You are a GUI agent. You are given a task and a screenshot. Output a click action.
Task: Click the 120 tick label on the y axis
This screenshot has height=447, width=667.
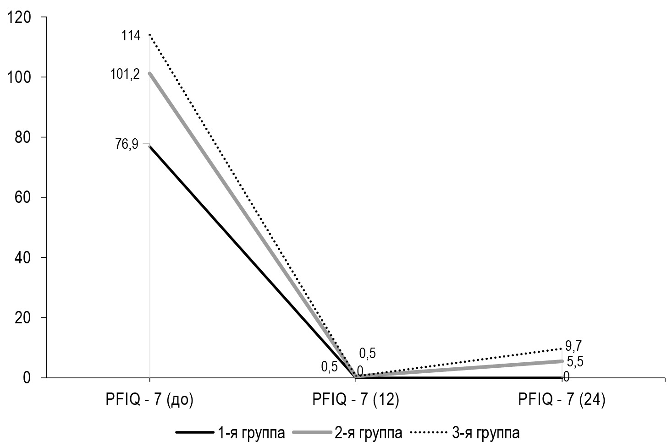tap(17, 17)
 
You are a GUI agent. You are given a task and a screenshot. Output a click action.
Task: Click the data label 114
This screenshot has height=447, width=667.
tap(131, 36)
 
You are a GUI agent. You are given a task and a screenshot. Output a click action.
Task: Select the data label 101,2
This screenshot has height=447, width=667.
tap(125, 75)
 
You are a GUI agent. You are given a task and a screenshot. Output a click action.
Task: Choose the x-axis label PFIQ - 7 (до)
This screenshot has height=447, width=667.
tap(149, 400)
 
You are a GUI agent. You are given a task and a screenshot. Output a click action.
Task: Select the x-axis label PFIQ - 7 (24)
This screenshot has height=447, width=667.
tap(562, 400)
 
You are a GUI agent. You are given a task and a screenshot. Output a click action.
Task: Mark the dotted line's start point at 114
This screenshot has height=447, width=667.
tap(149, 35)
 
